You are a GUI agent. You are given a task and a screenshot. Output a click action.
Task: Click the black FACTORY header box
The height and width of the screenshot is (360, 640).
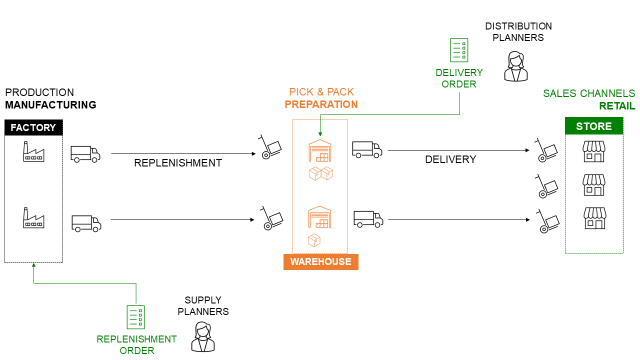pos(34,128)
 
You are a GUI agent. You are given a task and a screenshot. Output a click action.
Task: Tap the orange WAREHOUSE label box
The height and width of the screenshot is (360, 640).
pos(320,262)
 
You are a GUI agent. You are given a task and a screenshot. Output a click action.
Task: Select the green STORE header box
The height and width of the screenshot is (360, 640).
pos(594,126)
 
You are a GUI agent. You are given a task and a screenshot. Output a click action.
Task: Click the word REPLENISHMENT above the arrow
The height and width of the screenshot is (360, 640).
pos(178,162)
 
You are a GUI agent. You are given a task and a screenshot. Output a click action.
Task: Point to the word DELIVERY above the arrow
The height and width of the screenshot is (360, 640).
pos(450,159)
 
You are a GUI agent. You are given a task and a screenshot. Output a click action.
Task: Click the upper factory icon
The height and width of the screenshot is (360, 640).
pos(34,153)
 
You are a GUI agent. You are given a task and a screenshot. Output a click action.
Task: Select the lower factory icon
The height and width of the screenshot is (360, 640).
pos(34,216)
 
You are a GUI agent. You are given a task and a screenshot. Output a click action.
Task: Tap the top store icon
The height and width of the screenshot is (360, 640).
pos(595,151)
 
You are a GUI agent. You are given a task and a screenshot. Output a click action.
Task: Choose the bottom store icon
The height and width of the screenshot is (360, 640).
pos(595,217)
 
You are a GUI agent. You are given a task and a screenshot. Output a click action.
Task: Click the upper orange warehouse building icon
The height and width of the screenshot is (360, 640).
pos(319,151)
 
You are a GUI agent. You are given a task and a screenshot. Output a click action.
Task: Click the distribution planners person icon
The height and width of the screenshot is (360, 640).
pos(516,68)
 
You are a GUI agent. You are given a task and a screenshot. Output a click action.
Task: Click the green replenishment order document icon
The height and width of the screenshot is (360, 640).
pos(136,317)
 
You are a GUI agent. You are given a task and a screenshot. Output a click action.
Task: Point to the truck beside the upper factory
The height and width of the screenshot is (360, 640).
pos(85,154)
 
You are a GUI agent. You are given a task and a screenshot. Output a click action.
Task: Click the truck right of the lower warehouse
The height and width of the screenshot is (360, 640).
pos(367,218)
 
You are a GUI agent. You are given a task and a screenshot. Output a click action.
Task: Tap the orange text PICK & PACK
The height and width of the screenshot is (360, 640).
pos(321,91)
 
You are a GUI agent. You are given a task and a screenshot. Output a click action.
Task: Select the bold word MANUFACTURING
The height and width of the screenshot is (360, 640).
pos(50,104)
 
